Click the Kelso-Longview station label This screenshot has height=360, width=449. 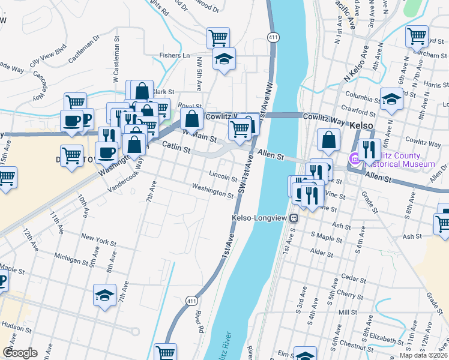click(x=260, y=218)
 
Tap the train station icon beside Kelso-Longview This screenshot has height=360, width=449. click(x=294, y=218)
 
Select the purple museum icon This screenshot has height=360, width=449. click(x=354, y=159)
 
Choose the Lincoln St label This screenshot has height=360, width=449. click(x=223, y=176)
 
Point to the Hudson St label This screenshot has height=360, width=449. click(x=16, y=325)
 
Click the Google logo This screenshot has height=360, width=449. click(x=20, y=353)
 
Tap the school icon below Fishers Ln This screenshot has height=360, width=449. click(x=224, y=59)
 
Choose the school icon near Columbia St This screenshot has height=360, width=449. click(x=391, y=99)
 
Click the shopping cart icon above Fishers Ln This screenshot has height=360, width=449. click(x=218, y=38)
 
